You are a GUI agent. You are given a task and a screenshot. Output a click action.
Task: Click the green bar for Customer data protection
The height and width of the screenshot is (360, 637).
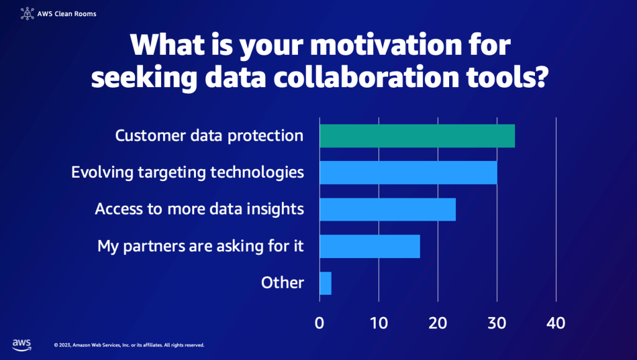click(x=417, y=136)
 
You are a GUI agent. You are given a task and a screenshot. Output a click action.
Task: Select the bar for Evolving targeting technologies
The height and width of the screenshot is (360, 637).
click(x=408, y=172)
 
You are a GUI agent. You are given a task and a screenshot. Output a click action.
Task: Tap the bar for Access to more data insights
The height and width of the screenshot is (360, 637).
click(x=388, y=209)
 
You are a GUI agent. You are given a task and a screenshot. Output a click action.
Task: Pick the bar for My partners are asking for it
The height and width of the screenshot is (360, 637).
click(x=370, y=246)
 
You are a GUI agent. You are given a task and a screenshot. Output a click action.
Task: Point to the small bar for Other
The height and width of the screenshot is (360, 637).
click(x=325, y=283)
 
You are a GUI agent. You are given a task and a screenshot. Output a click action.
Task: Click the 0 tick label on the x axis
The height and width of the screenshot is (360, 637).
click(x=320, y=323)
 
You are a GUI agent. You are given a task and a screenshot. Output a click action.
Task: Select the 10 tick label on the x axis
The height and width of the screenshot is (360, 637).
click(x=379, y=323)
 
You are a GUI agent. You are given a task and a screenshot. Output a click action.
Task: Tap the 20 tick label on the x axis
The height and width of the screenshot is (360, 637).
click(x=438, y=323)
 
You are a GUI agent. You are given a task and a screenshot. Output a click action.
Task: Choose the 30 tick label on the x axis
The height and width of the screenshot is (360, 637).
click(x=497, y=323)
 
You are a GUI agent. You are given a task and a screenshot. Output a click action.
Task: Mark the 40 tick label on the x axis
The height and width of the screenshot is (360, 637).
click(x=556, y=323)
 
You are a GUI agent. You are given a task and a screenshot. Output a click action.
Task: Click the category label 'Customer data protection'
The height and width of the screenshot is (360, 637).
click(x=210, y=136)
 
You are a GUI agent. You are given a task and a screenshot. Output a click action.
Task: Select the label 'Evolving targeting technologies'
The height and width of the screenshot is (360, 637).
click(x=188, y=172)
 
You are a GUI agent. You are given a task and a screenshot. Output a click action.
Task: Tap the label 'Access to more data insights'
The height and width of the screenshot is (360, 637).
click(x=199, y=209)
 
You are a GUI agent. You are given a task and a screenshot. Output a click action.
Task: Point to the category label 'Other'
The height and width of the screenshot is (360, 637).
click(x=282, y=283)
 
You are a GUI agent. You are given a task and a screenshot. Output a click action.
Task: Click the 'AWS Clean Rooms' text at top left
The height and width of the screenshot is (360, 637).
click(x=67, y=12)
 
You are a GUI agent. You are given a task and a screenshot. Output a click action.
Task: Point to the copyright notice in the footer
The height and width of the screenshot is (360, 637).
click(x=129, y=344)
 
